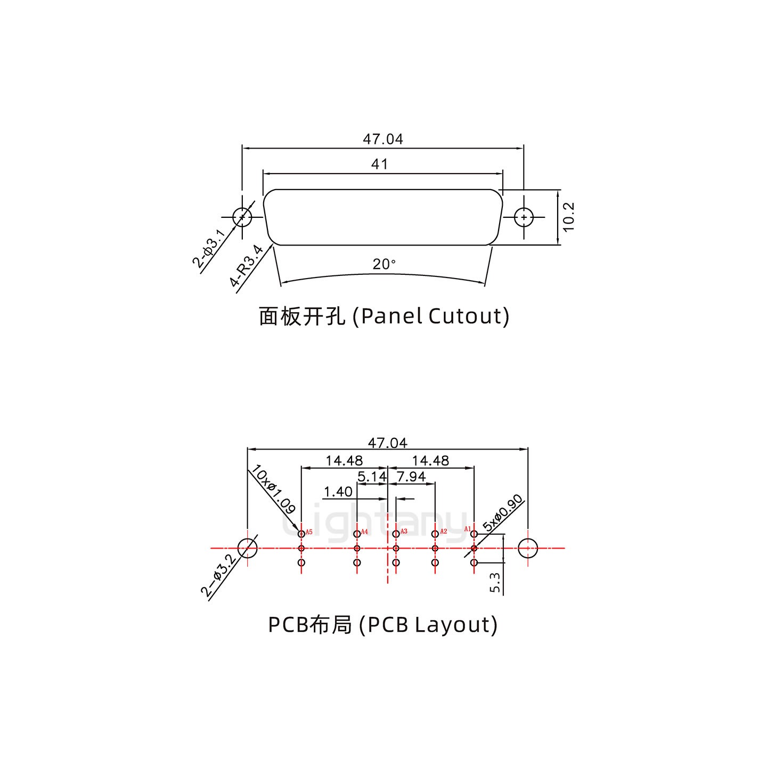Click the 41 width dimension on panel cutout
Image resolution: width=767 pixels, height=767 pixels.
[379, 164]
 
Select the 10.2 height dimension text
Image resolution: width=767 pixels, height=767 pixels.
[568, 217]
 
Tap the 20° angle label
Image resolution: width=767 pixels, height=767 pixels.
[384, 264]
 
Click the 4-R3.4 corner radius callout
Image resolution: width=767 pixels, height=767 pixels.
[247, 266]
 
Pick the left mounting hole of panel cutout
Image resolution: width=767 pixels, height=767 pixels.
[242, 217]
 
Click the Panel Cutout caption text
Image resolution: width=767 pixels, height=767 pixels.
[383, 316]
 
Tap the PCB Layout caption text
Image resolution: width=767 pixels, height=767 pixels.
[382, 624]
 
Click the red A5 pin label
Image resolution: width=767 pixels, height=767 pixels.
[309, 532]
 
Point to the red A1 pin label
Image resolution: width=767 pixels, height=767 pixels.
[467, 529]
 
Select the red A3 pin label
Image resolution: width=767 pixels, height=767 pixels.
[404, 532]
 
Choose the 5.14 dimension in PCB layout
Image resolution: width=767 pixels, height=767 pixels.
[371, 477]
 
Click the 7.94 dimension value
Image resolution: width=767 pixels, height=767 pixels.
[411, 477]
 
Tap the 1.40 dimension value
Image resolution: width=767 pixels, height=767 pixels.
[338, 492]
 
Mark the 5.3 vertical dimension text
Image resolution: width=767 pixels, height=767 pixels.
[495, 583]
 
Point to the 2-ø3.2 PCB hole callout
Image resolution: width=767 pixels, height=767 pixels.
[218, 575]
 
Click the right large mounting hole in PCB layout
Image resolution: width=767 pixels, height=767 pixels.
[527, 548]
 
